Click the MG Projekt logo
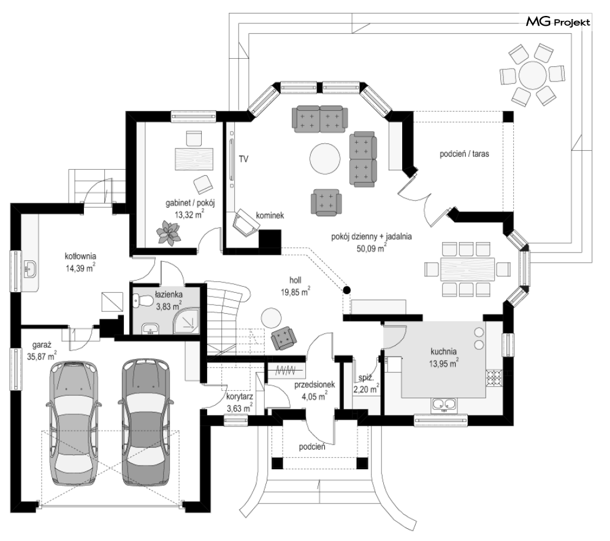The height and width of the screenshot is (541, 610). click(558, 22)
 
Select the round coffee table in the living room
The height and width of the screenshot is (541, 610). click(325, 159)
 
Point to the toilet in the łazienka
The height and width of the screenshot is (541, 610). click(143, 300)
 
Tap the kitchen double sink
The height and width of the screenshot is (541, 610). click(443, 404)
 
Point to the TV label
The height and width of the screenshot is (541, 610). click(243, 159)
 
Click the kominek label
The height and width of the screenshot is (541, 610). click(270, 215)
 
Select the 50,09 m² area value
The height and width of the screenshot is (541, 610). click(372, 248)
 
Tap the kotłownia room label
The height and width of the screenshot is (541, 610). click(80, 257)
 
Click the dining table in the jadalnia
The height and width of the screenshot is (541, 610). click(467, 269)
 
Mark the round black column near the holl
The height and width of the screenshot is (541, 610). click(346, 290)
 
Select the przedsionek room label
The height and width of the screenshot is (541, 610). click(315, 385)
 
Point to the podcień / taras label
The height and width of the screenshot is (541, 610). click(464, 154)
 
